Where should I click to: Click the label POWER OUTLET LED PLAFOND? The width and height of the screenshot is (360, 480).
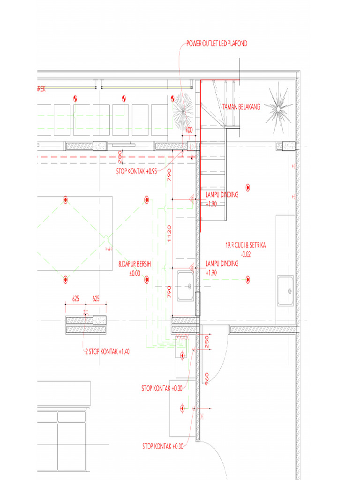point(216,44)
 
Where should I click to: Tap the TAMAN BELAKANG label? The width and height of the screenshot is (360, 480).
point(241,107)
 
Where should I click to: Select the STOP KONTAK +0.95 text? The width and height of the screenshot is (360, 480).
point(136,172)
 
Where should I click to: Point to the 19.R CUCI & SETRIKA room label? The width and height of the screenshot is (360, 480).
point(246,245)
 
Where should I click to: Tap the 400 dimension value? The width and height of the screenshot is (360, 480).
point(189,130)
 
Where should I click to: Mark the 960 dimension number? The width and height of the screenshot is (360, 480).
point(206,377)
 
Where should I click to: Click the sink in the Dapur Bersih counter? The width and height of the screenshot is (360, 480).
point(187,286)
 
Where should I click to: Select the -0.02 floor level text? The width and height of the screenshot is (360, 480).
point(246,254)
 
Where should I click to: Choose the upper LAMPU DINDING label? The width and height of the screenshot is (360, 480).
point(222,195)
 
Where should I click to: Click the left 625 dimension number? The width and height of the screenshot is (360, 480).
point(75,298)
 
